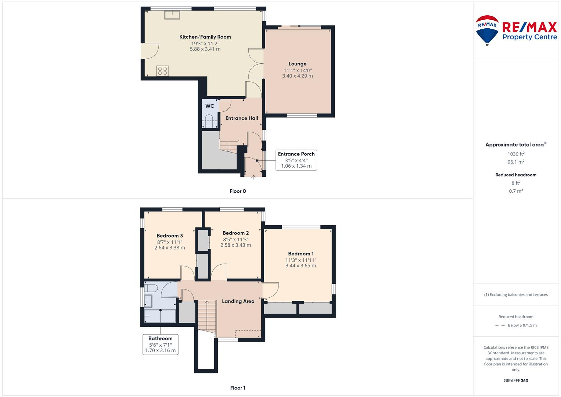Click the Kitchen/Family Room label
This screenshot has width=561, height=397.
click(x=205, y=37)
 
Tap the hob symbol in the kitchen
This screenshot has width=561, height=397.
click(x=162, y=71)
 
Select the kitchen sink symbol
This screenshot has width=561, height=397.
click(x=172, y=15)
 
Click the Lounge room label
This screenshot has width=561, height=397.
click(x=297, y=64)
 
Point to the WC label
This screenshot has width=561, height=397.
click(x=210, y=106)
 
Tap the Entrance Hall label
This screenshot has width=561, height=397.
click(x=241, y=118)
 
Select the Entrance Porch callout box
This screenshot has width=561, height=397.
click(x=296, y=160)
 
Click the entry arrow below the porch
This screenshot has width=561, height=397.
click(x=253, y=178)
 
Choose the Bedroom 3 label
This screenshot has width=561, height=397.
click(x=170, y=236)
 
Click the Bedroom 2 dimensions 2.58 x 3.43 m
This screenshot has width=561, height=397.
click(x=235, y=245)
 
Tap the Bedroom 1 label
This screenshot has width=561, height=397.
click(x=301, y=254)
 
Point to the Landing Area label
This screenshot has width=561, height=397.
click(x=238, y=301)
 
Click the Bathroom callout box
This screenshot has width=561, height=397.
click(x=160, y=344)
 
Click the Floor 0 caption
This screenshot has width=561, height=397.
click(x=238, y=191)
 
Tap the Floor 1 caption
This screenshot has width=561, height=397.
click(x=238, y=388)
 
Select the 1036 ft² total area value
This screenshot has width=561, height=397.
click(x=516, y=154)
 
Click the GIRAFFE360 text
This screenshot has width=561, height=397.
click(x=516, y=381)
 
